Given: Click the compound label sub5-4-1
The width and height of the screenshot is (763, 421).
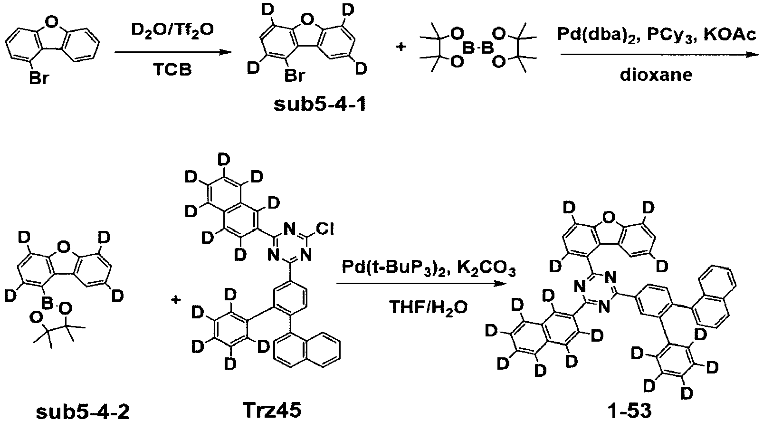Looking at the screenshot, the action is [x=320, y=105].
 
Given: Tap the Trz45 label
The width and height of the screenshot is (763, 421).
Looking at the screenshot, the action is [x=272, y=410].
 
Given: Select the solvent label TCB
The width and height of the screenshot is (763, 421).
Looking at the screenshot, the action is [x=172, y=70].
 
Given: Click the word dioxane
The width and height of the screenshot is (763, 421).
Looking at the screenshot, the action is [x=656, y=75].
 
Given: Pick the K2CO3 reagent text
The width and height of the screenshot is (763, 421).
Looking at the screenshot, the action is [x=486, y=270].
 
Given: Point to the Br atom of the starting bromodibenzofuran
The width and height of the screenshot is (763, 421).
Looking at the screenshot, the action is [x=38, y=79].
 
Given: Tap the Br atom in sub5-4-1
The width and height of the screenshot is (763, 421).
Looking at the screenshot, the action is [x=294, y=77].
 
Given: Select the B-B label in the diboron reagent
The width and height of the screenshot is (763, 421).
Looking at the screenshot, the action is [x=477, y=48].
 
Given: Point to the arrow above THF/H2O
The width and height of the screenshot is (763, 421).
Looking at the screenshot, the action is [x=420, y=284].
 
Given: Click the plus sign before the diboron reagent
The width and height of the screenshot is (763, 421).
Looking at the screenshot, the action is [x=401, y=47].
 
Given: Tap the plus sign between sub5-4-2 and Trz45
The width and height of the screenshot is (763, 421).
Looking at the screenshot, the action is [x=176, y=300].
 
